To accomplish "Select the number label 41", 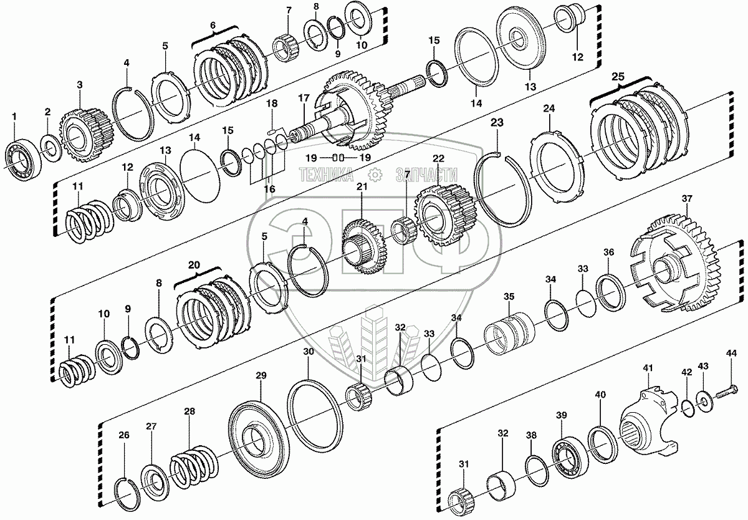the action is [x=648, y=368].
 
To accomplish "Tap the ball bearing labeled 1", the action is [x=22, y=158].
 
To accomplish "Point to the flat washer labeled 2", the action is [x=50, y=148].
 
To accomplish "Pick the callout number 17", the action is [x=304, y=99].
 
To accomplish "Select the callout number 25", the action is [x=618, y=77].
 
